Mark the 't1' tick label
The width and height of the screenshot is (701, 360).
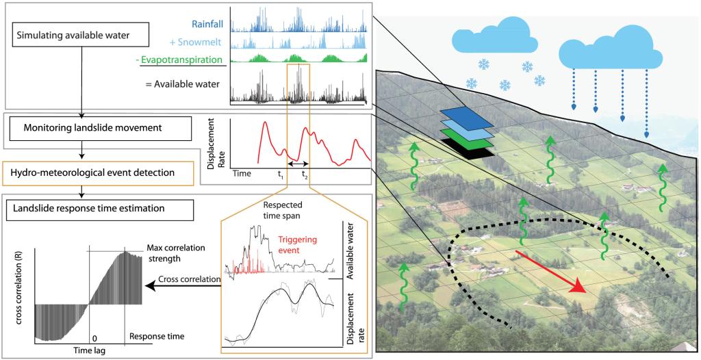(x=281, y=176)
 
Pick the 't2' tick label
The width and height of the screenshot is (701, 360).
(x=305, y=176)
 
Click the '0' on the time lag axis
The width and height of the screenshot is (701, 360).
(x=94, y=338)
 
